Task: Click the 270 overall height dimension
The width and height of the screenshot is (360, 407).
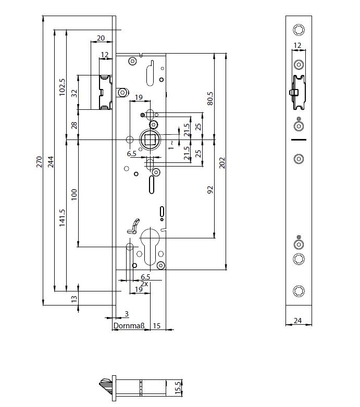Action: tap(39, 162)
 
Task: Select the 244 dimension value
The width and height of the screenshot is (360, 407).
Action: tap(51, 162)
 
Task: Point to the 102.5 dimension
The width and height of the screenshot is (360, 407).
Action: tap(62, 87)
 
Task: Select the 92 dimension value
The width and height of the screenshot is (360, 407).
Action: tap(210, 189)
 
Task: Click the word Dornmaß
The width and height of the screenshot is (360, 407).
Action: tap(128, 326)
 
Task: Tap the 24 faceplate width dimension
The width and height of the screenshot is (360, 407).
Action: tap(298, 321)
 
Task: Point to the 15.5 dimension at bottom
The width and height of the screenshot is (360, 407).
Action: tap(178, 388)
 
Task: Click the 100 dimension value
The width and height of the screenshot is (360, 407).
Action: tap(74, 194)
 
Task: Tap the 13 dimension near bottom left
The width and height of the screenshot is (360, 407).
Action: tap(74, 299)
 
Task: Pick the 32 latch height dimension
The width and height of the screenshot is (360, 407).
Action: tap(74, 93)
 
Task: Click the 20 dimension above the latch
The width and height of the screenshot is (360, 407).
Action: tap(101, 37)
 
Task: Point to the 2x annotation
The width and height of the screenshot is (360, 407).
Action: tap(145, 284)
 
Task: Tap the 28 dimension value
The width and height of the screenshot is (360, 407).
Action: tap(74, 125)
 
